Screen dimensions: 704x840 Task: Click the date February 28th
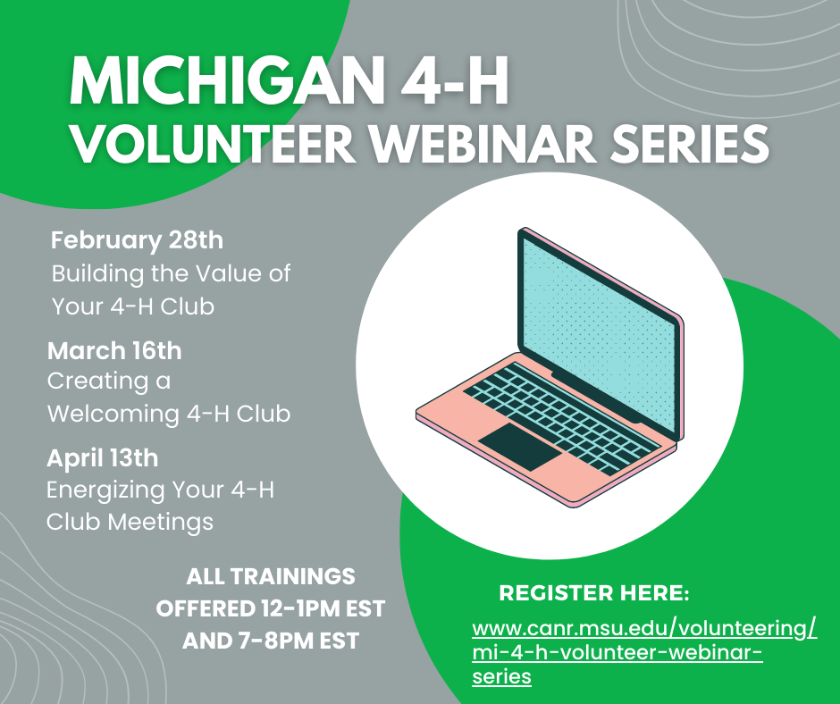tap(137, 240)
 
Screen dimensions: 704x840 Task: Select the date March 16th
tap(114, 350)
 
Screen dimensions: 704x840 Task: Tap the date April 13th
tap(103, 458)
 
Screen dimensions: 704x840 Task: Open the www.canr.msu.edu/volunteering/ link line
tap(643, 628)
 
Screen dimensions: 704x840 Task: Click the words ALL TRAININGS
tap(270, 576)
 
